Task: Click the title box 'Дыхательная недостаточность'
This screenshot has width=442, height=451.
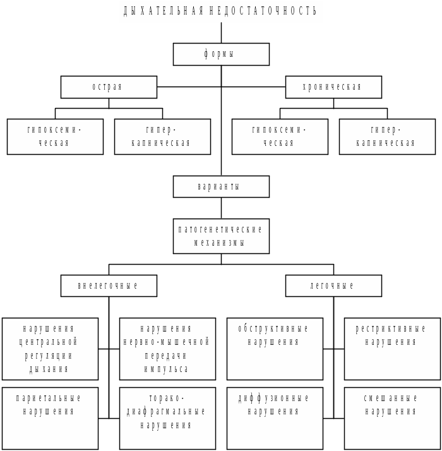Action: click(221, 11)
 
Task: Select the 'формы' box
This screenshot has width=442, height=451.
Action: click(221, 54)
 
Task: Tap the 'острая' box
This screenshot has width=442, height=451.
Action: click(109, 87)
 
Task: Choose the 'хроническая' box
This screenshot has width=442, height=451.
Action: click(333, 87)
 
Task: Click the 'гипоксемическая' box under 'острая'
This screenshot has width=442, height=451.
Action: click(55, 136)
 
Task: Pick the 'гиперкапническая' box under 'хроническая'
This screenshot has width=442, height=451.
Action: click(387, 136)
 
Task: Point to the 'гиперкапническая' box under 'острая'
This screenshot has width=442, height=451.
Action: click(162, 136)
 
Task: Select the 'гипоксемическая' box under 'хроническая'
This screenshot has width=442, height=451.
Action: click(280, 136)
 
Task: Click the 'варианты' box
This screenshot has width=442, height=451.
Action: click(221, 187)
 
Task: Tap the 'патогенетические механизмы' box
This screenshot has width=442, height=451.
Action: click(221, 236)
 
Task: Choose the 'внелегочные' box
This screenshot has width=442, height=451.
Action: click(109, 286)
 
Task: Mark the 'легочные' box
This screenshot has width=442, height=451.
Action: click(333, 286)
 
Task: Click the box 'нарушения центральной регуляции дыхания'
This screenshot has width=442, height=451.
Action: click(50, 349)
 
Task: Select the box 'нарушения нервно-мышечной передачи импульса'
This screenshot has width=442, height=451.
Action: click(167, 349)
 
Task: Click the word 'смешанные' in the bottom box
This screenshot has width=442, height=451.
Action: click(391, 399)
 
